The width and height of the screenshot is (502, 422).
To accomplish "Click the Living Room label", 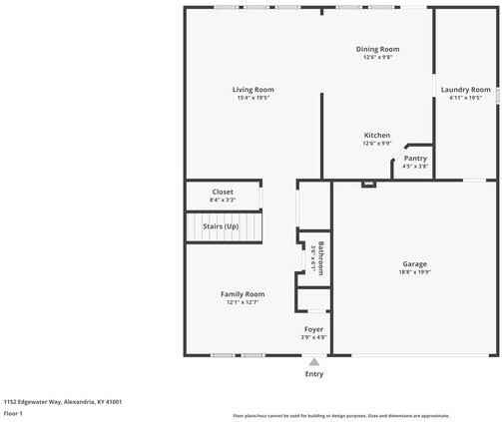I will pyautogui.click(x=253, y=90).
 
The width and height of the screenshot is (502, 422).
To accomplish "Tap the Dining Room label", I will pyautogui.click(x=377, y=49).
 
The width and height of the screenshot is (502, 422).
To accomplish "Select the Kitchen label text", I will pyautogui.click(x=376, y=135).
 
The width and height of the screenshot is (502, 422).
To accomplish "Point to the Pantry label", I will pyautogui.click(x=415, y=158).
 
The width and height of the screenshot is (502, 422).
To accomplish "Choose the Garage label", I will pyautogui.click(x=414, y=264).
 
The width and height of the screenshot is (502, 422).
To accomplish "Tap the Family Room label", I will pyautogui.click(x=242, y=293).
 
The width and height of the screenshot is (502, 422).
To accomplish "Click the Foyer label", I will pyautogui.click(x=313, y=329).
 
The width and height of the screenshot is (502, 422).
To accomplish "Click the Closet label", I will pyautogui.click(x=223, y=192).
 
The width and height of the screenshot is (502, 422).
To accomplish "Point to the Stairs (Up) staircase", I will pyautogui.click(x=225, y=227).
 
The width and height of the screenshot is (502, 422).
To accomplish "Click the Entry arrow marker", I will pyautogui.click(x=314, y=362).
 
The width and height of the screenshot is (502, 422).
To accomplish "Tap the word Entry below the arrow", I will pyautogui.click(x=314, y=374).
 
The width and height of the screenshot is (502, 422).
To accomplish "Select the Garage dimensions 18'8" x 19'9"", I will pyautogui.click(x=414, y=272).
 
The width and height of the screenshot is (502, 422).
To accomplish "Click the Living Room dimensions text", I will pyautogui.click(x=253, y=98).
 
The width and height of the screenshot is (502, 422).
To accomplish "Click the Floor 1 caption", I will pyautogui.click(x=14, y=412).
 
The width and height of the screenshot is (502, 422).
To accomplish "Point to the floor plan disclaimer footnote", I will pyautogui.click(x=340, y=414).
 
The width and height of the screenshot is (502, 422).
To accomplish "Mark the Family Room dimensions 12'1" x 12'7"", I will pyautogui.click(x=242, y=301).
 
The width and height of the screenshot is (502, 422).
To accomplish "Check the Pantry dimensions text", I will pyautogui.click(x=415, y=166).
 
